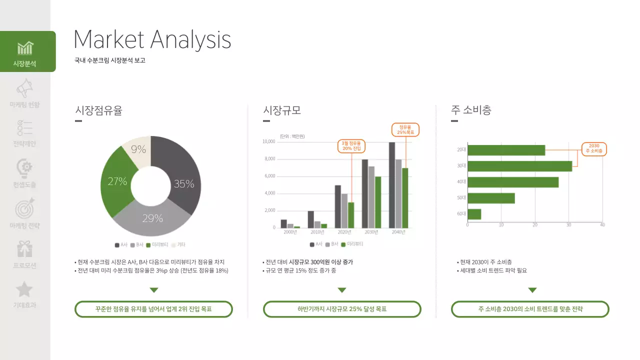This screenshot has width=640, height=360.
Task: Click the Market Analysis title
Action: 152,39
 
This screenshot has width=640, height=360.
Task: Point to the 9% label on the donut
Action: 138,149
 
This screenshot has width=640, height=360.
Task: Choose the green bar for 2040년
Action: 405,198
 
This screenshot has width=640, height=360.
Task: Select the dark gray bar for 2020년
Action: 338,206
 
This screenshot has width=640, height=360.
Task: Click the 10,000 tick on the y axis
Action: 269,141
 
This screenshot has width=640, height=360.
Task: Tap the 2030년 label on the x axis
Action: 371,232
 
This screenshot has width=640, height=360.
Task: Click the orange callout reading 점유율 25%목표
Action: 405,129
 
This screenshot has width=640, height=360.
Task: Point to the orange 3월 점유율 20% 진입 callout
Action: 351,146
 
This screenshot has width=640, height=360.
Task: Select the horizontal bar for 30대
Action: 519,166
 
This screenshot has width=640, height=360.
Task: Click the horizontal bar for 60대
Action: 474,214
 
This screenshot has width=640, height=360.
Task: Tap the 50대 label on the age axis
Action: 461,198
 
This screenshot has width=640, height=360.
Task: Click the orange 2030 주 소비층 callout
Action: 594,148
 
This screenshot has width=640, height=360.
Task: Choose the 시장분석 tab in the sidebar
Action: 25,51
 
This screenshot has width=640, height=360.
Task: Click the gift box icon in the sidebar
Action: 24,248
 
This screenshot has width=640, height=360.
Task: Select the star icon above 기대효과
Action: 24,289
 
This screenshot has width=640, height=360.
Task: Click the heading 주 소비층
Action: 471,110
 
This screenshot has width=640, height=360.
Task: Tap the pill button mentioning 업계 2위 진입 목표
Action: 153,309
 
